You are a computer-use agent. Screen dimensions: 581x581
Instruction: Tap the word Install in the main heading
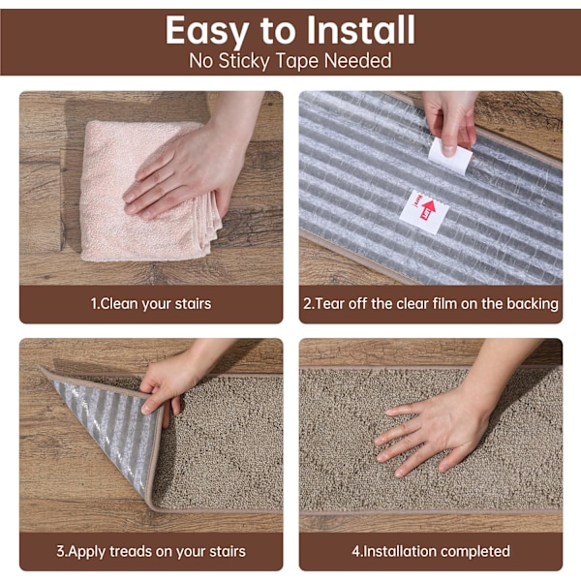[360, 30]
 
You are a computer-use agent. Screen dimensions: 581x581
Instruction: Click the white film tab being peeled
[450, 156]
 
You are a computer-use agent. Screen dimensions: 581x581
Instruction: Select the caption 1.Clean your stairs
[151, 304]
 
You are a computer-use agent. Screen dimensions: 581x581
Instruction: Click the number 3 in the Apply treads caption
[60, 551]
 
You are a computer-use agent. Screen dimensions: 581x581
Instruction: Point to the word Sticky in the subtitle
[244, 61]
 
